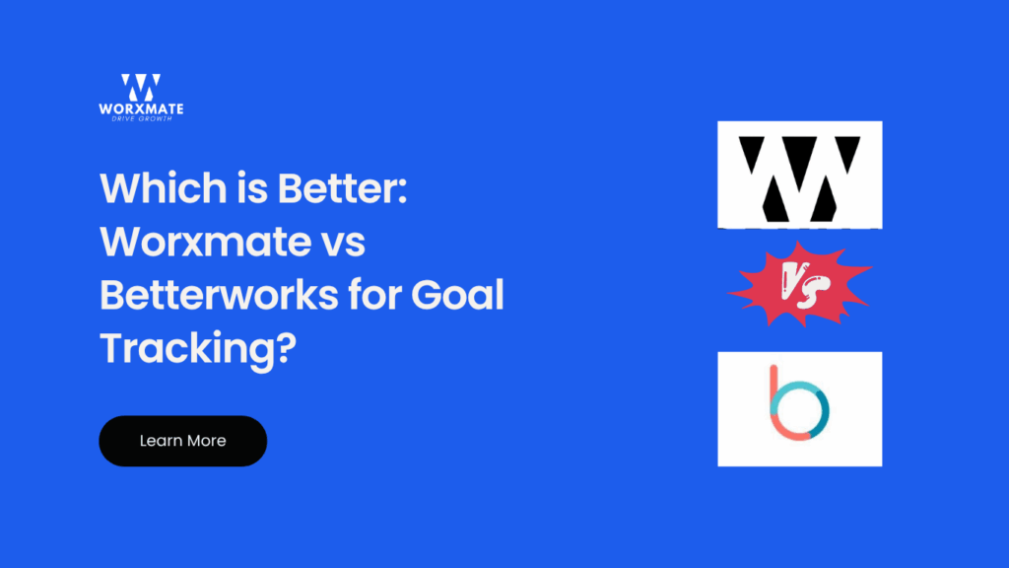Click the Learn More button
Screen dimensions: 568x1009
182,441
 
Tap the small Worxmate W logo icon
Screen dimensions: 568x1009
140,88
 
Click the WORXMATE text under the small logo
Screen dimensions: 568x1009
140,108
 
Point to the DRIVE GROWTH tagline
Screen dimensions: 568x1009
140,119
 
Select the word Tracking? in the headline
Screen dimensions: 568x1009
198,349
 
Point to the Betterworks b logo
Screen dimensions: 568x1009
799,407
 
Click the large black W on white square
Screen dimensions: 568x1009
799,175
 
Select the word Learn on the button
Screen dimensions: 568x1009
160,441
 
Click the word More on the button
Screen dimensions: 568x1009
206,441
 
